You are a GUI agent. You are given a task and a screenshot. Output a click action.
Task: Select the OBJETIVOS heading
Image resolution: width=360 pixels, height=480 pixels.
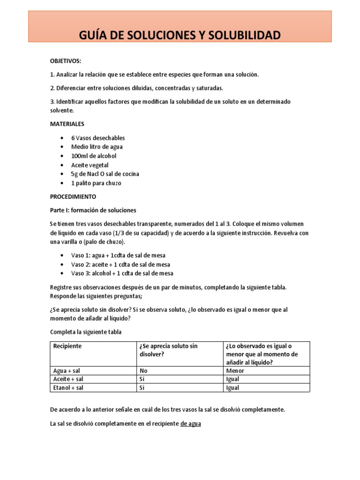click(x=66, y=61)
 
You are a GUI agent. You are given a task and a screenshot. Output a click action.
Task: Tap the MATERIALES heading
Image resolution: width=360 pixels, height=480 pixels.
click(x=67, y=124)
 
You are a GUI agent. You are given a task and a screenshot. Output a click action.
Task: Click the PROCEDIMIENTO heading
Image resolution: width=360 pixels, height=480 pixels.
click(x=73, y=196)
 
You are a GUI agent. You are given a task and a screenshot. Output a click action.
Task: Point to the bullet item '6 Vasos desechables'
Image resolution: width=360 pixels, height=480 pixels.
click(x=98, y=138)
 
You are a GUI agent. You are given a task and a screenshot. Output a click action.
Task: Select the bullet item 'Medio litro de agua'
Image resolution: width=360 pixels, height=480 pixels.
click(x=97, y=147)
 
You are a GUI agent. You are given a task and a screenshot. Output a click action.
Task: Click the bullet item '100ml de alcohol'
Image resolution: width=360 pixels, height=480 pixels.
click(x=94, y=156)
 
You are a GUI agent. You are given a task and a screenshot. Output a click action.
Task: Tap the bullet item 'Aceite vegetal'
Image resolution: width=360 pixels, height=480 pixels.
click(x=90, y=165)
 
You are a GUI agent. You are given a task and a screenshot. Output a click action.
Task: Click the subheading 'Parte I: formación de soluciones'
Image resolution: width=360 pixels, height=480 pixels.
click(x=93, y=210)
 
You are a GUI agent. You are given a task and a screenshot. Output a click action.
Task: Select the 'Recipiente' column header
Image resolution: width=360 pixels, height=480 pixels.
click(x=67, y=346)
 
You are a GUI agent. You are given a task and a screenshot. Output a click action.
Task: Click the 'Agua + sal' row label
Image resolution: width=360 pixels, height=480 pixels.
click(x=67, y=370)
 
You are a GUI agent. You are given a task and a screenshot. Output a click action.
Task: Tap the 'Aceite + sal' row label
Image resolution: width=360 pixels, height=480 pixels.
click(x=68, y=379)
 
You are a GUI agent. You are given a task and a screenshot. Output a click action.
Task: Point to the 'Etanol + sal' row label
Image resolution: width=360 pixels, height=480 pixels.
click(x=68, y=388)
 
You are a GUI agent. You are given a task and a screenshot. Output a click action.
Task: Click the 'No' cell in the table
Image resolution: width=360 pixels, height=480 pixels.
click(x=143, y=370)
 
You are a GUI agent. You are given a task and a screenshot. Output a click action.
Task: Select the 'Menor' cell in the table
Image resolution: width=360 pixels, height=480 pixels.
click(x=235, y=370)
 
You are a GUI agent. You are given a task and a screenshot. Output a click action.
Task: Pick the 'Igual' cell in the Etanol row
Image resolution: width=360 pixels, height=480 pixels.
click(x=232, y=388)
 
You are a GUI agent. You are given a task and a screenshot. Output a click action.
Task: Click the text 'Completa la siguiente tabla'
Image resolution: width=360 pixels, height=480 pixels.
click(x=85, y=332)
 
